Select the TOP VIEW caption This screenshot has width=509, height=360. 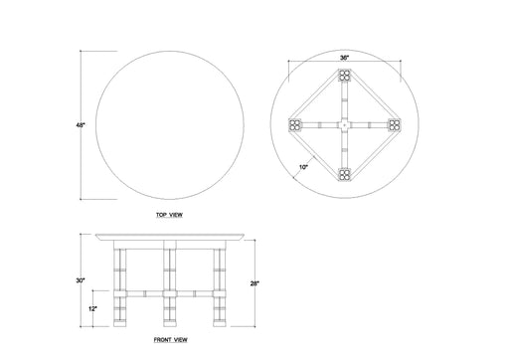pos(169,214)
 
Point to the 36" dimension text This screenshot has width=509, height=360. pos(344,59)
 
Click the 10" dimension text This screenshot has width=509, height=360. pos(301,167)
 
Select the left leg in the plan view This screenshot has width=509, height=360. pos(295,125)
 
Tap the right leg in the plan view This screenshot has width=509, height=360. pos(393,125)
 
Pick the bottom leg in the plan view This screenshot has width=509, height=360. pos(344,174)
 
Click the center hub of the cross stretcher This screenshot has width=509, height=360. pos(344,125)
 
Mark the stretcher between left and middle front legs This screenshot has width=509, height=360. pos(145,295)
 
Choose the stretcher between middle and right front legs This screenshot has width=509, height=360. pos(193,295)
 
